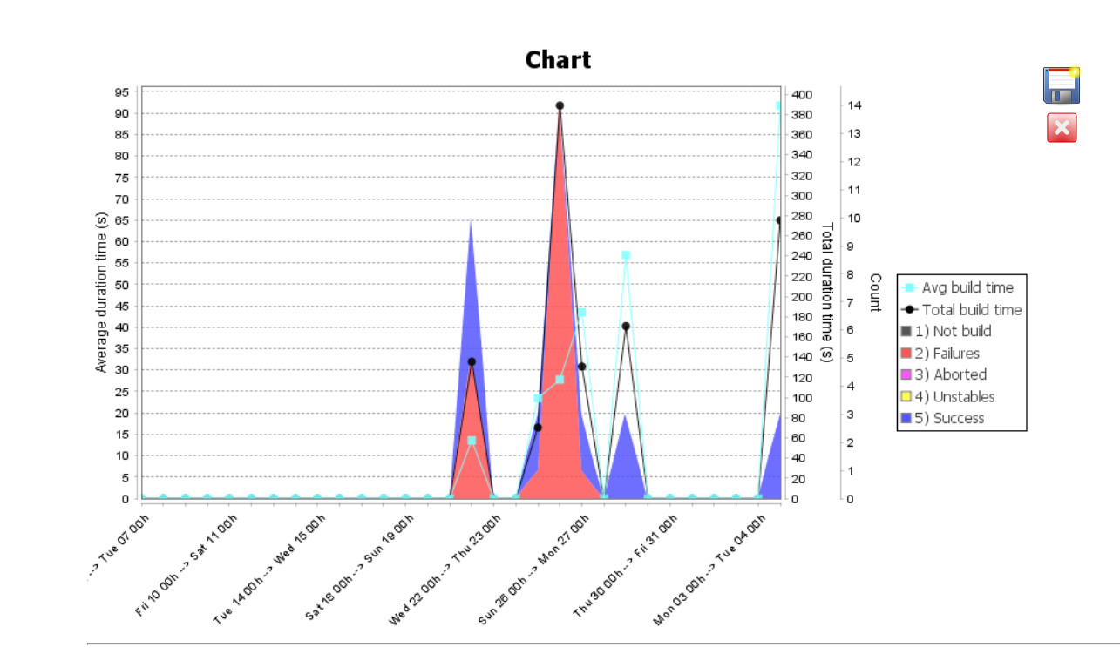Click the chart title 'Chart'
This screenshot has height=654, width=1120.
click(x=558, y=60)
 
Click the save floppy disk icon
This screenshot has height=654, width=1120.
click(x=1062, y=85)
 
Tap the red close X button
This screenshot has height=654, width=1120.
click(x=1062, y=128)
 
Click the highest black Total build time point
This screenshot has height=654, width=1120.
click(x=560, y=105)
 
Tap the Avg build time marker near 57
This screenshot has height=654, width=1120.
click(x=626, y=255)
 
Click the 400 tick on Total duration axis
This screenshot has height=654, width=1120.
click(x=802, y=94)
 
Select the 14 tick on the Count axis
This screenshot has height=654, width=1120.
click(x=854, y=105)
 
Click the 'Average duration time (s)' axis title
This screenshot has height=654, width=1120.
click(x=101, y=293)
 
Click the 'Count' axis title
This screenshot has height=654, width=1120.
click(x=874, y=293)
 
